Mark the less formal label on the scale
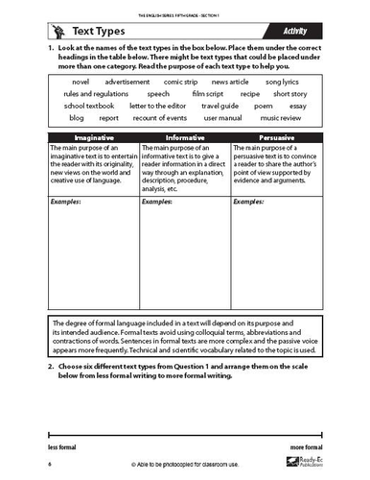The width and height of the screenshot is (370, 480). click(61, 447)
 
